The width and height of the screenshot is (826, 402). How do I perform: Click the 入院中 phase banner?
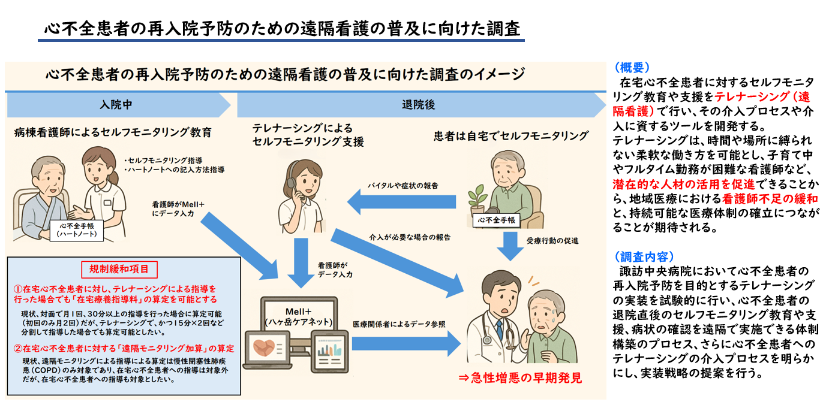[117, 105]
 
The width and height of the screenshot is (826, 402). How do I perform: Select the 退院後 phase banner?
[420, 105]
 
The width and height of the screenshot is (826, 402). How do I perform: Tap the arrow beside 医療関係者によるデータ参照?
[408, 343]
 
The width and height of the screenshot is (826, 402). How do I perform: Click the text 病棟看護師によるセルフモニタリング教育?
[112, 132]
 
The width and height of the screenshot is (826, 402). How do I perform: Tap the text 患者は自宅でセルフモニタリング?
[510, 136]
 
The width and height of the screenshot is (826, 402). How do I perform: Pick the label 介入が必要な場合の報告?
[410, 237]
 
